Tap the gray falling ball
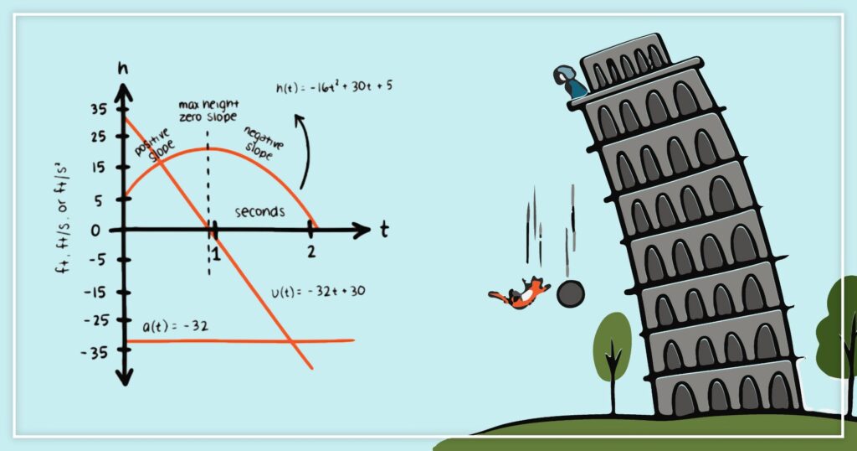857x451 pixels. [x=571, y=294]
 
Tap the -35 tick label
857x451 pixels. [x=95, y=352]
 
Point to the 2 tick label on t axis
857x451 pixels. [x=311, y=251]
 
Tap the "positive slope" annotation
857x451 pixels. [x=153, y=143]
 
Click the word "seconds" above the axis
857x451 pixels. [x=259, y=211]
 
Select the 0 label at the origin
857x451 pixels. [x=96, y=230]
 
